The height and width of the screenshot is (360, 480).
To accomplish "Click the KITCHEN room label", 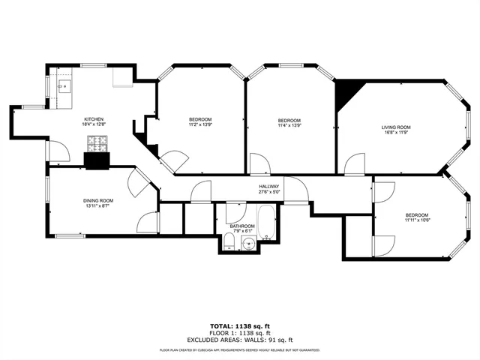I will click(94, 119).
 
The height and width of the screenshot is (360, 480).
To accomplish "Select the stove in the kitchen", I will click(97, 142).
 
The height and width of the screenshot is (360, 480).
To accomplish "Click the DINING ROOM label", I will click(97, 200).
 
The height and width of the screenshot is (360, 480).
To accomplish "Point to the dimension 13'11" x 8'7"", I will click(97, 206).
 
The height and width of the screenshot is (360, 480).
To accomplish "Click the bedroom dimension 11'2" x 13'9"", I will click(200, 126).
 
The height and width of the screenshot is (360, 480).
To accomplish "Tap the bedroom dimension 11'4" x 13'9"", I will click(289, 126).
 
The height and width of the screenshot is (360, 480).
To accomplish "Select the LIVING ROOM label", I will click(396, 127).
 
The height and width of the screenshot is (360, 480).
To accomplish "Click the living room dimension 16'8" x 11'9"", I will click(396, 133).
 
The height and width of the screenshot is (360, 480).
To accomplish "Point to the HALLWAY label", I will click(269, 186).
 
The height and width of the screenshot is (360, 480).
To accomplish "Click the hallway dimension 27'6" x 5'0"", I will click(269, 192).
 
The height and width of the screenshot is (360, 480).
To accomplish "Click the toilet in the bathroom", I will click(229, 241).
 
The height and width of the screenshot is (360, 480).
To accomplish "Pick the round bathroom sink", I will click(248, 241).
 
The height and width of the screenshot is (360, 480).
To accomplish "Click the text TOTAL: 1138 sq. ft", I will click(240, 326).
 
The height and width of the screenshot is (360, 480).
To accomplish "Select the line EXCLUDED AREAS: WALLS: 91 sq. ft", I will click(240, 340).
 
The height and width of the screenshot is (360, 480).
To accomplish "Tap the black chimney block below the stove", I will click(97, 160).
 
